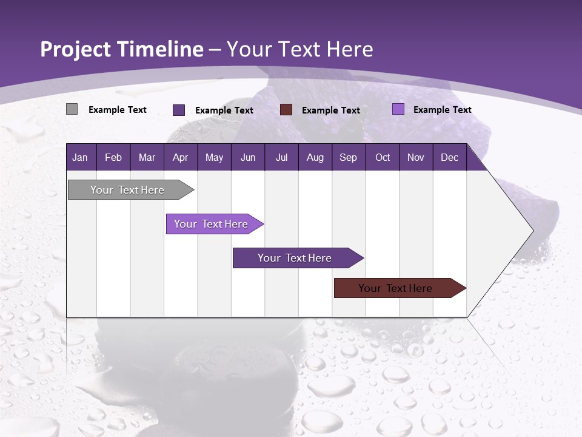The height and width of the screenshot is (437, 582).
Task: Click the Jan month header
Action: coord(80,157)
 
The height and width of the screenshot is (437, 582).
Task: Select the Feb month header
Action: coord(113,157)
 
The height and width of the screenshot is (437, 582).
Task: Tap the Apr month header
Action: coord(180,157)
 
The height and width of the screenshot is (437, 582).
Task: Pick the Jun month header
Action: coord(248,157)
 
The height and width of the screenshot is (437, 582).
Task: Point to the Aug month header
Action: coord(315,157)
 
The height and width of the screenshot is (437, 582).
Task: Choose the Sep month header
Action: coord(348,157)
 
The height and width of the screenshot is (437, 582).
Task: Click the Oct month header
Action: coord(383,157)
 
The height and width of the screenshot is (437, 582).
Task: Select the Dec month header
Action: coord(449,157)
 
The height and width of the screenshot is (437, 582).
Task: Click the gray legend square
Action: coord(72,109)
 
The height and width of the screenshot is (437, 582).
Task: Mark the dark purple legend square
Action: coord(179,110)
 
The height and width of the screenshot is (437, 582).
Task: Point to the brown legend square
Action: coord(286,109)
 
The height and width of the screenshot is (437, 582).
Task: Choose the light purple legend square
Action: coord(398,109)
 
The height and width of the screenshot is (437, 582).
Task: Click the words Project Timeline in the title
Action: coord(121,49)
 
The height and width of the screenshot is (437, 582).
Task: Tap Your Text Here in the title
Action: coord(299,49)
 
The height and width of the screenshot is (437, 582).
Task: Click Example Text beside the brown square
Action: coord(330,110)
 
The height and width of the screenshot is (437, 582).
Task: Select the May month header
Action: coord(214,157)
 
